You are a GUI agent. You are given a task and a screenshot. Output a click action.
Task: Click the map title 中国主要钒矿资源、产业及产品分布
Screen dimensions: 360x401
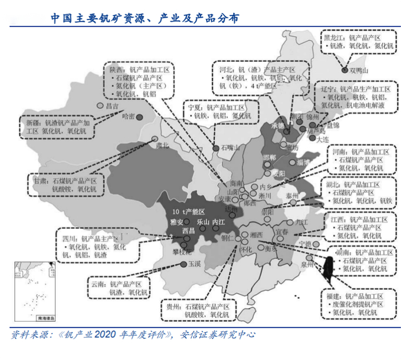(x=144, y=19)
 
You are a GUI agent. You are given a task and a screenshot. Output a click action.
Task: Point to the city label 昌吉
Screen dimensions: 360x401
(x=112, y=106)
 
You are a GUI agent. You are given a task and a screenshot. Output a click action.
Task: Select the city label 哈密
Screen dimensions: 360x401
(x=129, y=116)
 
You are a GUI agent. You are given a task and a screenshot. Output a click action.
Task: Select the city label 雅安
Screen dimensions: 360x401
(x=176, y=221)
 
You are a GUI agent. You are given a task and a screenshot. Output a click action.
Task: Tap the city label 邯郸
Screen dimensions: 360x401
(x=269, y=157)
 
